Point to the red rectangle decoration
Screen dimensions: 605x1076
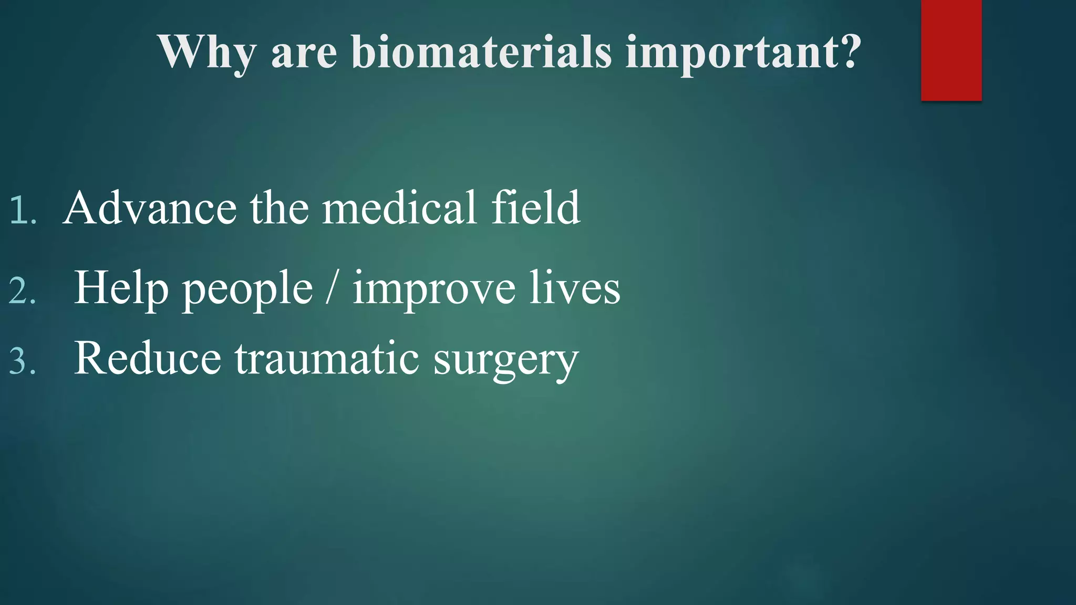point(951,50)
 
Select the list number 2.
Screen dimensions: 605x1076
point(23,291)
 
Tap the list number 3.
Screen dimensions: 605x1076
point(23,361)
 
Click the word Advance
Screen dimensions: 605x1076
point(150,208)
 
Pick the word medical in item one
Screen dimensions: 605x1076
point(399,208)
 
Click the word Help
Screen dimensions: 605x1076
point(121,289)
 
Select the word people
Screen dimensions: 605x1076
point(247,290)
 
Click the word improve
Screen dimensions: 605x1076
point(434,290)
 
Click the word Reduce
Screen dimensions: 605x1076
point(148,358)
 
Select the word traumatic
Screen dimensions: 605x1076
point(326,358)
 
